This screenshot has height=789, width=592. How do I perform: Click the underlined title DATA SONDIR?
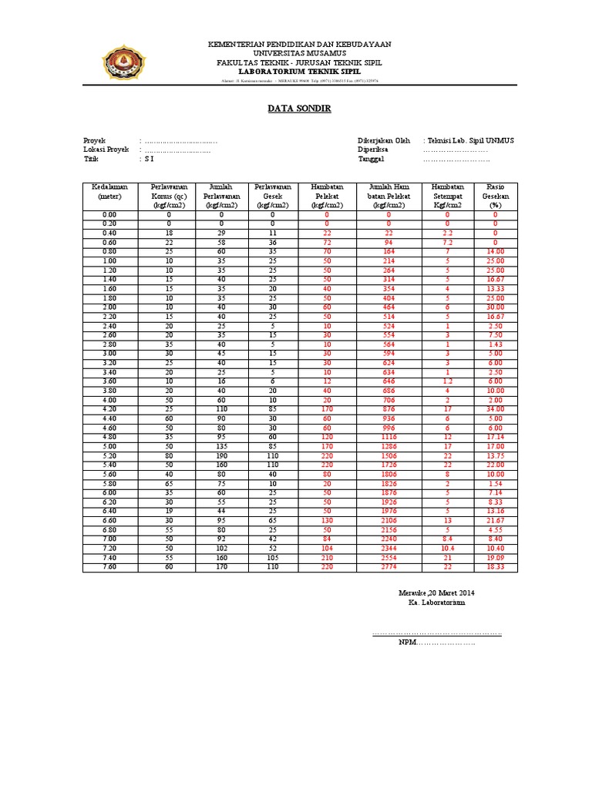(x=299, y=109)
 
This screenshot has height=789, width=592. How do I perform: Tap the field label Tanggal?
(x=371, y=159)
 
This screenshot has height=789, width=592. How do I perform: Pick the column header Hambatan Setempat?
(x=447, y=196)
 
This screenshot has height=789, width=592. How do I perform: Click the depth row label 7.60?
(x=109, y=567)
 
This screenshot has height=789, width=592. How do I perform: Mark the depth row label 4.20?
(x=109, y=408)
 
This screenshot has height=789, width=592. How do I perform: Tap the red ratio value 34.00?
(x=495, y=408)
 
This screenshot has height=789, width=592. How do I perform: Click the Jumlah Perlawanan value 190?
(x=220, y=455)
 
